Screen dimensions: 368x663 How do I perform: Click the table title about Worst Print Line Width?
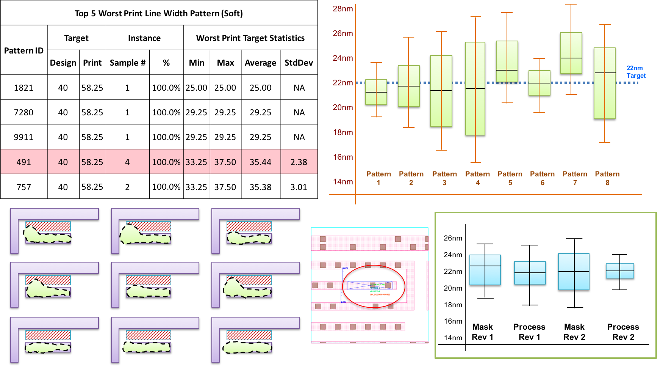point(158,13)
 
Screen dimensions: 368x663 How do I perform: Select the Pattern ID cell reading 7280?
point(23,112)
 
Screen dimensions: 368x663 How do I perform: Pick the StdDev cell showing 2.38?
point(299,162)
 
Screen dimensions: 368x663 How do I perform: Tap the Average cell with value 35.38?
point(260,187)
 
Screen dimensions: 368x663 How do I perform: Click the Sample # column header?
point(127,63)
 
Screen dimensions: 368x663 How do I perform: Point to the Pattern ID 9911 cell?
point(23,137)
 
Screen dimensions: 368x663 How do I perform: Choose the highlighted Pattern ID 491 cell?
point(23,162)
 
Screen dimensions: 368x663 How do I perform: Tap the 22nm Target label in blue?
point(636,72)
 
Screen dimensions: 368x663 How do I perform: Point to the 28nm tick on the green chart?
point(342,9)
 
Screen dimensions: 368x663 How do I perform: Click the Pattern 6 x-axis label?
point(542,178)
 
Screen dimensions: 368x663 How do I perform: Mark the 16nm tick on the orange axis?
point(342,157)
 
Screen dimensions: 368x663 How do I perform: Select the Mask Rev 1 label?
point(482,332)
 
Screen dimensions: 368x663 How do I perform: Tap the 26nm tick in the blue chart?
point(453,238)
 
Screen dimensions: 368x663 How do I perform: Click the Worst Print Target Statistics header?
point(250,38)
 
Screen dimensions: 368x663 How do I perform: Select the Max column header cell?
point(225,63)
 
